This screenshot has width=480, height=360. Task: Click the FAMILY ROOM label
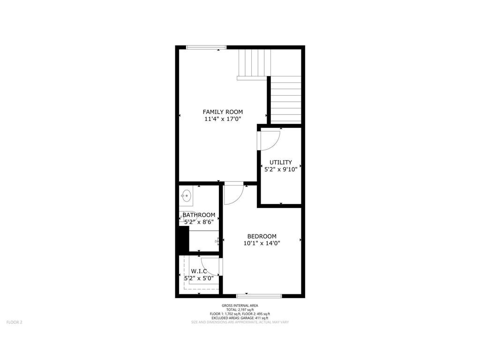pyautogui.click(x=223, y=112)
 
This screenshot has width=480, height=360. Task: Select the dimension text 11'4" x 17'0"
pyautogui.click(x=223, y=120)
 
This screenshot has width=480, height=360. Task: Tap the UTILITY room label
pyautogui.click(x=281, y=162)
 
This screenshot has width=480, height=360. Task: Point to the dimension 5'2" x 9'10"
pyautogui.click(x=281, y=170)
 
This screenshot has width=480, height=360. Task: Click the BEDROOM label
pyautogui.click(x=262, y=236)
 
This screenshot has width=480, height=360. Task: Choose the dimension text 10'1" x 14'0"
pyautogui.click(x=262, y=244)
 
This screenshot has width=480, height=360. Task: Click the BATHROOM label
pyautogui.click(x=199, y=215)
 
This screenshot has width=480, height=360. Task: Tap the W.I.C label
pyautogui.click(x=199, y=271)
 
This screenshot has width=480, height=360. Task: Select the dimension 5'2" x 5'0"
pyautogui.click(x=199, y=278)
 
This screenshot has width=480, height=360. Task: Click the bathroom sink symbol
pyautogui.click(x=186, y=195)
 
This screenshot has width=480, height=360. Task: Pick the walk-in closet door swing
pyautogui.click(x=210, y=266)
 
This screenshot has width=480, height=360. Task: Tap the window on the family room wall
pyautogui.click(x=206, y=47)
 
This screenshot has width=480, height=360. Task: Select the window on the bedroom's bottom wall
pyautogui.click(x=259, y=296)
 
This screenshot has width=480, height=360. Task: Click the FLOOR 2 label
pyautogui.click(x=14, y=322)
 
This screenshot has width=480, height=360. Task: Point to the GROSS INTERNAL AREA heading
pyautogui.click(x=240, y=306)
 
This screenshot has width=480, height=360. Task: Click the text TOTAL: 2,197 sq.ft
pyautogui.click(x=240, y=310)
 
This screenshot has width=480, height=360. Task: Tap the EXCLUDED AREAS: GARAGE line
pyautogui.click(x=240, y=318)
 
